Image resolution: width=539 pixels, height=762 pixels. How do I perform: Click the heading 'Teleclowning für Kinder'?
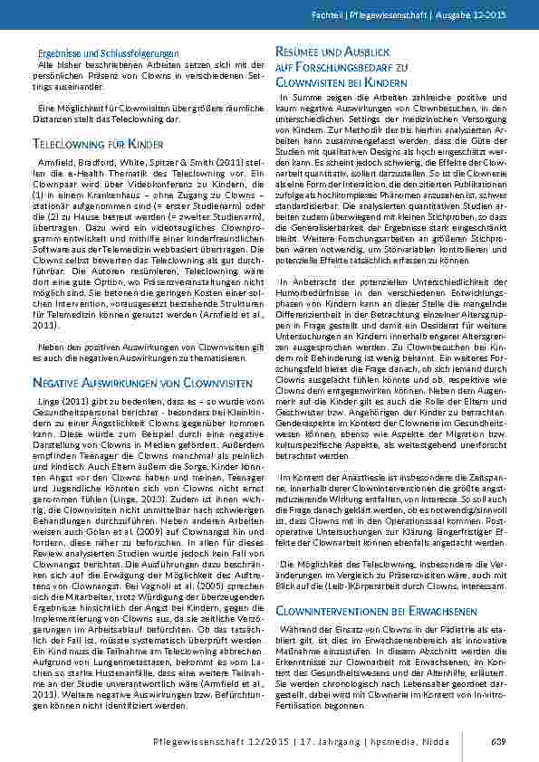[x=97, y=144]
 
